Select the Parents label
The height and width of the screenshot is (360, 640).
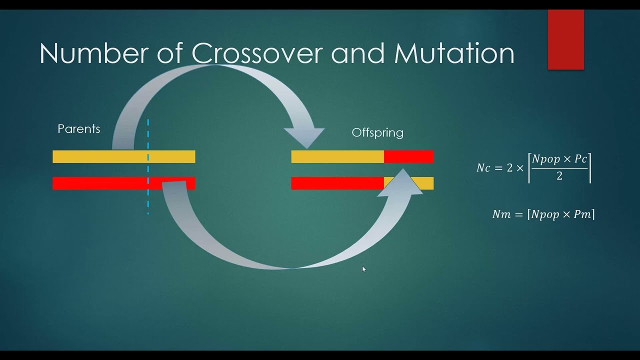pos(79,129)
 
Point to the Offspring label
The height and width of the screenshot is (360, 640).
pos(377,132)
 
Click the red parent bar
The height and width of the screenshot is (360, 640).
pos(100,183)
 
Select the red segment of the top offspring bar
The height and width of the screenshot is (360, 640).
pos(408,157)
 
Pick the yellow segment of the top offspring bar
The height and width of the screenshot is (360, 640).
pos(337,157)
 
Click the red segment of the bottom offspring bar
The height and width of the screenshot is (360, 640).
pos(337,183)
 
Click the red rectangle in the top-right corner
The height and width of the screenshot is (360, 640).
pos(566,39)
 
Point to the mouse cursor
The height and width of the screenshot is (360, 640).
pos(364,269)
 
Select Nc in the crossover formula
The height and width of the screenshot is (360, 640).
pos(483,168)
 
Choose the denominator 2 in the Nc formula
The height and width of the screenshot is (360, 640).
pos(559,176)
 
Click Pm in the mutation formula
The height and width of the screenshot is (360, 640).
pos(582,214)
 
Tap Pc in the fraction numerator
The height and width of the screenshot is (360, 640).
pos(580,159)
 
